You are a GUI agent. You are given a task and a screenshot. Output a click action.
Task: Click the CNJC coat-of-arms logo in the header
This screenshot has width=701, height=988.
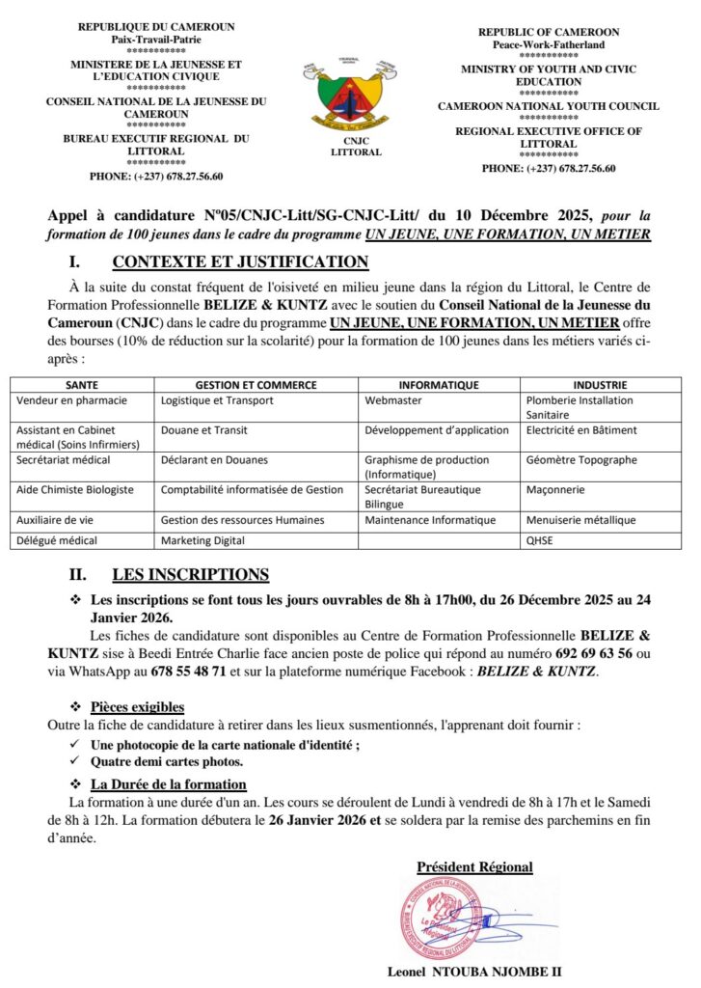tap(350, 96)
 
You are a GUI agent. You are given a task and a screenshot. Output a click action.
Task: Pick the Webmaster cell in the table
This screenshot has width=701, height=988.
tap(391, 399)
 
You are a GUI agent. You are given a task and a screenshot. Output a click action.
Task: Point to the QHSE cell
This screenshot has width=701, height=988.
tap(539, 540)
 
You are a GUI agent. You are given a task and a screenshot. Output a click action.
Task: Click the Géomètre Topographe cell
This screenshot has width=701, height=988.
tap(581, 460)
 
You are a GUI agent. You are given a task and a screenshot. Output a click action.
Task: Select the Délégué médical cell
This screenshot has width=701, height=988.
tap(57, 540)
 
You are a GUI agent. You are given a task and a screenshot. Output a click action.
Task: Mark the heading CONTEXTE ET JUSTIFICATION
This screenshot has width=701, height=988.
tap(240, 261)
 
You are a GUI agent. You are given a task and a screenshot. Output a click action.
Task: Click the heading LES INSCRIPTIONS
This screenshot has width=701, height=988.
tap(190, 575)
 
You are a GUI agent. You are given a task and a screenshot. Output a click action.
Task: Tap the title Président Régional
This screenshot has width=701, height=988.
tap(474, 866)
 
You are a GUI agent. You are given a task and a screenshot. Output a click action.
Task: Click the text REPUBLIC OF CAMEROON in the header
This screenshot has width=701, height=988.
tap(549, 32)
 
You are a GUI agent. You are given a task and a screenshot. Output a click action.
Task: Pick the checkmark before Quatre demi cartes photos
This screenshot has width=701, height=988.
tap(77, 762)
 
